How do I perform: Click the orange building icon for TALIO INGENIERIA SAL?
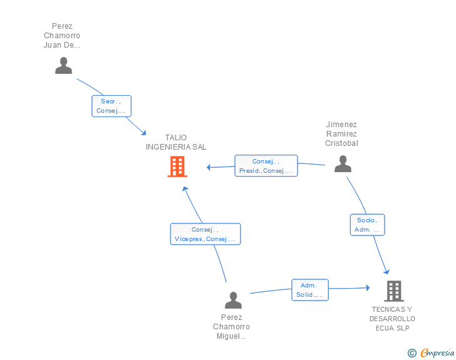click(177, 167)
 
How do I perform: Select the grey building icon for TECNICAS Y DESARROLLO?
click(394, 291)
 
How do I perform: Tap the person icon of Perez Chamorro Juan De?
click(63, 66)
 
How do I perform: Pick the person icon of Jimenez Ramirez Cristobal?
click(343, 163)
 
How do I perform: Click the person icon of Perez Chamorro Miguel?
click(233, 300)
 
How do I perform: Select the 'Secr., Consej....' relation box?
click(111, 106)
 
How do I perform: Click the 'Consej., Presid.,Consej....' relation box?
click(266, 166)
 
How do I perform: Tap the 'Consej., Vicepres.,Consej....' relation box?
click(205, 234)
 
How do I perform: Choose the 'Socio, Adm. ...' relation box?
click(367, 225)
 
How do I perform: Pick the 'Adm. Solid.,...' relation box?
click(310, 290)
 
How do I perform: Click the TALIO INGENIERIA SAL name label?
click(176, 142)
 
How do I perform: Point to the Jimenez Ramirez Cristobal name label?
click(342, 134)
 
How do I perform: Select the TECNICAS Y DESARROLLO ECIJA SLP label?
click(392, 319)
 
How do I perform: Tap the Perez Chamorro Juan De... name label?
click(62, 36)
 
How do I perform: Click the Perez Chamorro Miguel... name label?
click(232, 327)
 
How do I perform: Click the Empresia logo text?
click(437, 352)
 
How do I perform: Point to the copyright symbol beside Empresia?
click(412, 353)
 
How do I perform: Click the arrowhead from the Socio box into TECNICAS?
click(387, 272)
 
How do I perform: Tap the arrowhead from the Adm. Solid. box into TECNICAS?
click(368, 288)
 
